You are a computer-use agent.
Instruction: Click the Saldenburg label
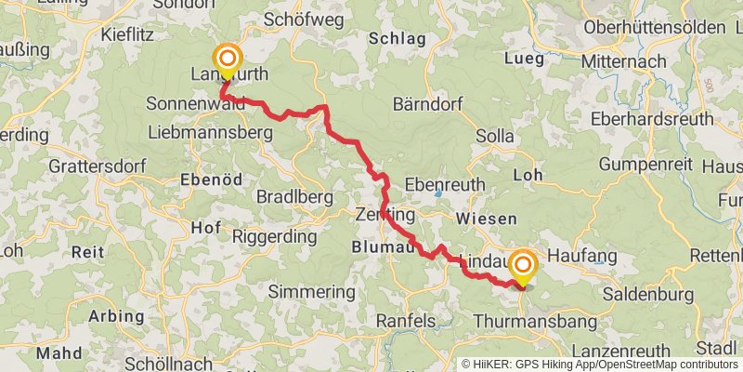[x=648, y=295]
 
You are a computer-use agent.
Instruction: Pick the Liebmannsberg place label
[x=209, y=133]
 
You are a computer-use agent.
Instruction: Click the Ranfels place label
[x=405, y=321]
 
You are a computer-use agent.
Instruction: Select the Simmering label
[x=311, y=292]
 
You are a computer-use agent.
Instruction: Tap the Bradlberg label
[x=293, y=197]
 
